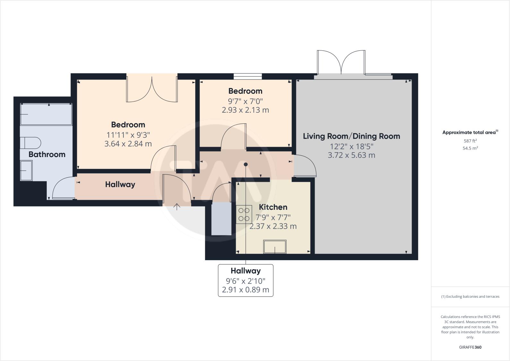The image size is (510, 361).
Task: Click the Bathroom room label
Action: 47,154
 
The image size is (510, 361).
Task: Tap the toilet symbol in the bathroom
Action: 31,143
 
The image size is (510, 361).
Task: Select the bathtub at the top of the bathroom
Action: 46,114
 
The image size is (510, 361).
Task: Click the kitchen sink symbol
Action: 275,247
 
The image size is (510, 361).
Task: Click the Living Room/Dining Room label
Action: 352,136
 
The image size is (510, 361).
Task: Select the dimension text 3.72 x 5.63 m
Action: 352,155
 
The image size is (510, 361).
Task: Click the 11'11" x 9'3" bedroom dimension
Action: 128,135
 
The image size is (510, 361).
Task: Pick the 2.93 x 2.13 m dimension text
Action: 245,110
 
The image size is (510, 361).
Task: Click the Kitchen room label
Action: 273,207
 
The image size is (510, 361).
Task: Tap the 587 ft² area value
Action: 470,141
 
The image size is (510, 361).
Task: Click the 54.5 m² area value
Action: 470,148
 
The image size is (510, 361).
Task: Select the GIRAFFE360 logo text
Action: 470,347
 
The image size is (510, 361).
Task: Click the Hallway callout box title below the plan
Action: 246,271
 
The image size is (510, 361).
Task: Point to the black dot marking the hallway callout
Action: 246,164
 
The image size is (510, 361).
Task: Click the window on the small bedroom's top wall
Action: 248,76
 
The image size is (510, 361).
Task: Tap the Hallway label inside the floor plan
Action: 120,185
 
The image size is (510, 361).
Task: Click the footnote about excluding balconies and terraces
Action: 470,296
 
